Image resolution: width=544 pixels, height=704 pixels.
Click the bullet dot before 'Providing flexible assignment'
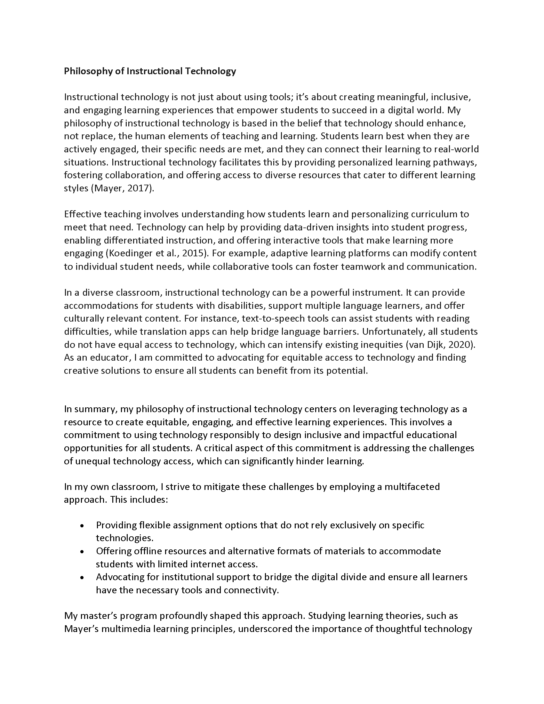coord(83,526)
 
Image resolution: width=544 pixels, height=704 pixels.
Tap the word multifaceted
coord(412,487)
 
